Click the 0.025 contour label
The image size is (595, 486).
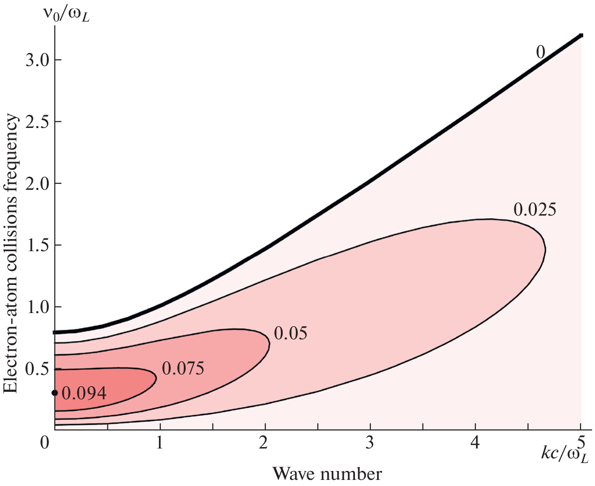[535, 209]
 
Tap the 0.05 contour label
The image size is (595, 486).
[290, 333]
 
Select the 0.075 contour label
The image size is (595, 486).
[183, 369]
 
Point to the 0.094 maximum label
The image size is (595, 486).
[84, 393]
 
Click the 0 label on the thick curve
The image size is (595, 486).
[541, 52]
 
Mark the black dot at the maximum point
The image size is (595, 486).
[54, 393]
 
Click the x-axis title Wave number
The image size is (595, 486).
[327, 474]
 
